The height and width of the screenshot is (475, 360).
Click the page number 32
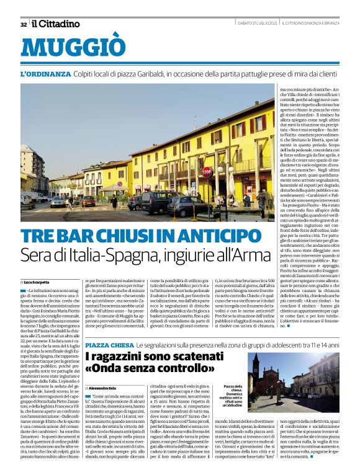(24, 24)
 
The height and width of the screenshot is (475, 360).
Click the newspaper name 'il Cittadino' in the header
(56, 24)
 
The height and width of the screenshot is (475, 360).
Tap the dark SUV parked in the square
(153, 201)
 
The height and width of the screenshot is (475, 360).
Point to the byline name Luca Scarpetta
(40, 282)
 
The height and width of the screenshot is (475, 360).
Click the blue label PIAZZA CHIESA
(108, 345)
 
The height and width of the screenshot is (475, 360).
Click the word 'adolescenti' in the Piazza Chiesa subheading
(279, 345)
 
